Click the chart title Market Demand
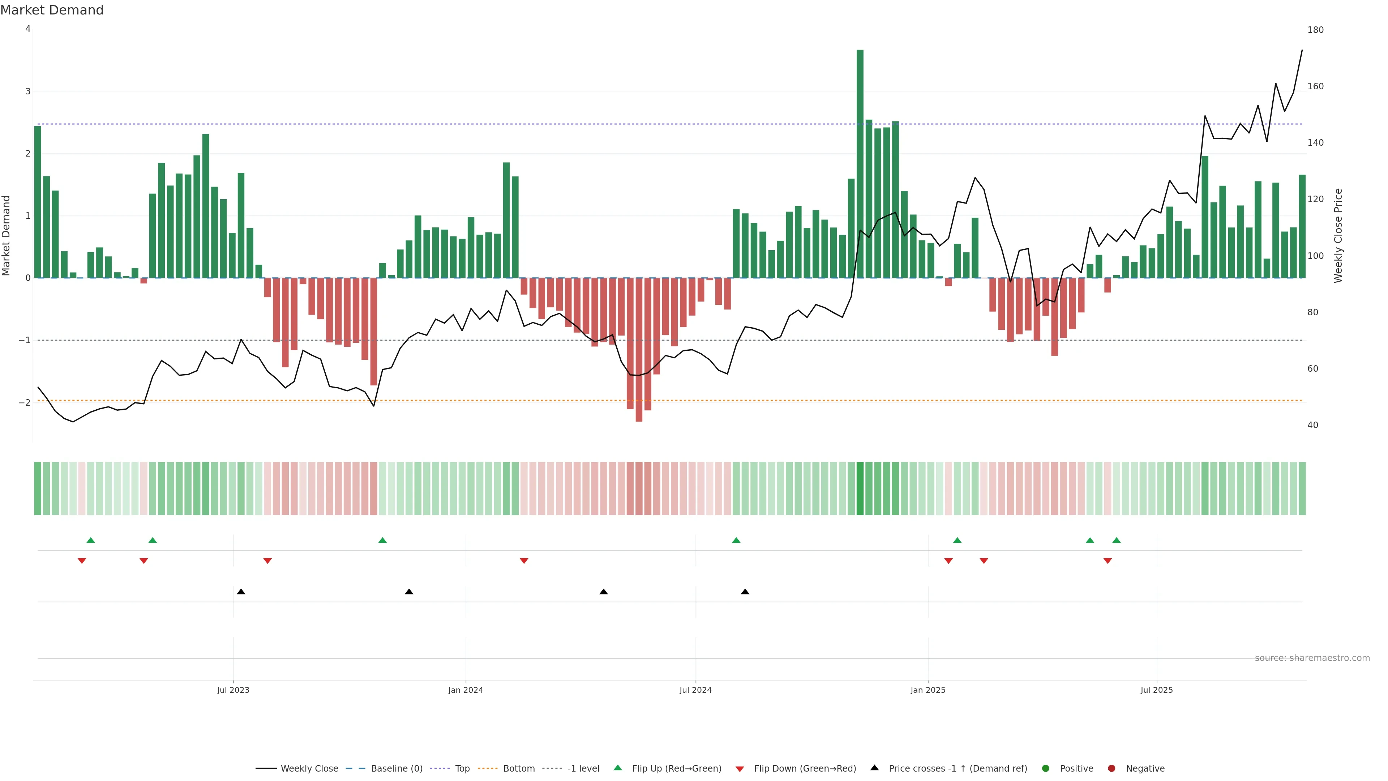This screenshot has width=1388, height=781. [52, 10]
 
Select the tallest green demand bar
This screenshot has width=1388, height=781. [860, 162]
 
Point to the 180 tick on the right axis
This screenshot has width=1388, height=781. [1315, 30]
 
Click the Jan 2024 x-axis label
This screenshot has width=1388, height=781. [466, 690]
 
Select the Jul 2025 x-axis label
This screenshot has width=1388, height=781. [1156, 690]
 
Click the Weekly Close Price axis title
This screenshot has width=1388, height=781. [1338, 235]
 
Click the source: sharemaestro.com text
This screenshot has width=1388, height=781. [1312, 658]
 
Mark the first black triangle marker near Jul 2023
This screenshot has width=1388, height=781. [241, 592]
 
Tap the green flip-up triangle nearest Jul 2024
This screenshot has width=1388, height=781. [736, 540]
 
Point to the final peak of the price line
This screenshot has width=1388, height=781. [1302, 50]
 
